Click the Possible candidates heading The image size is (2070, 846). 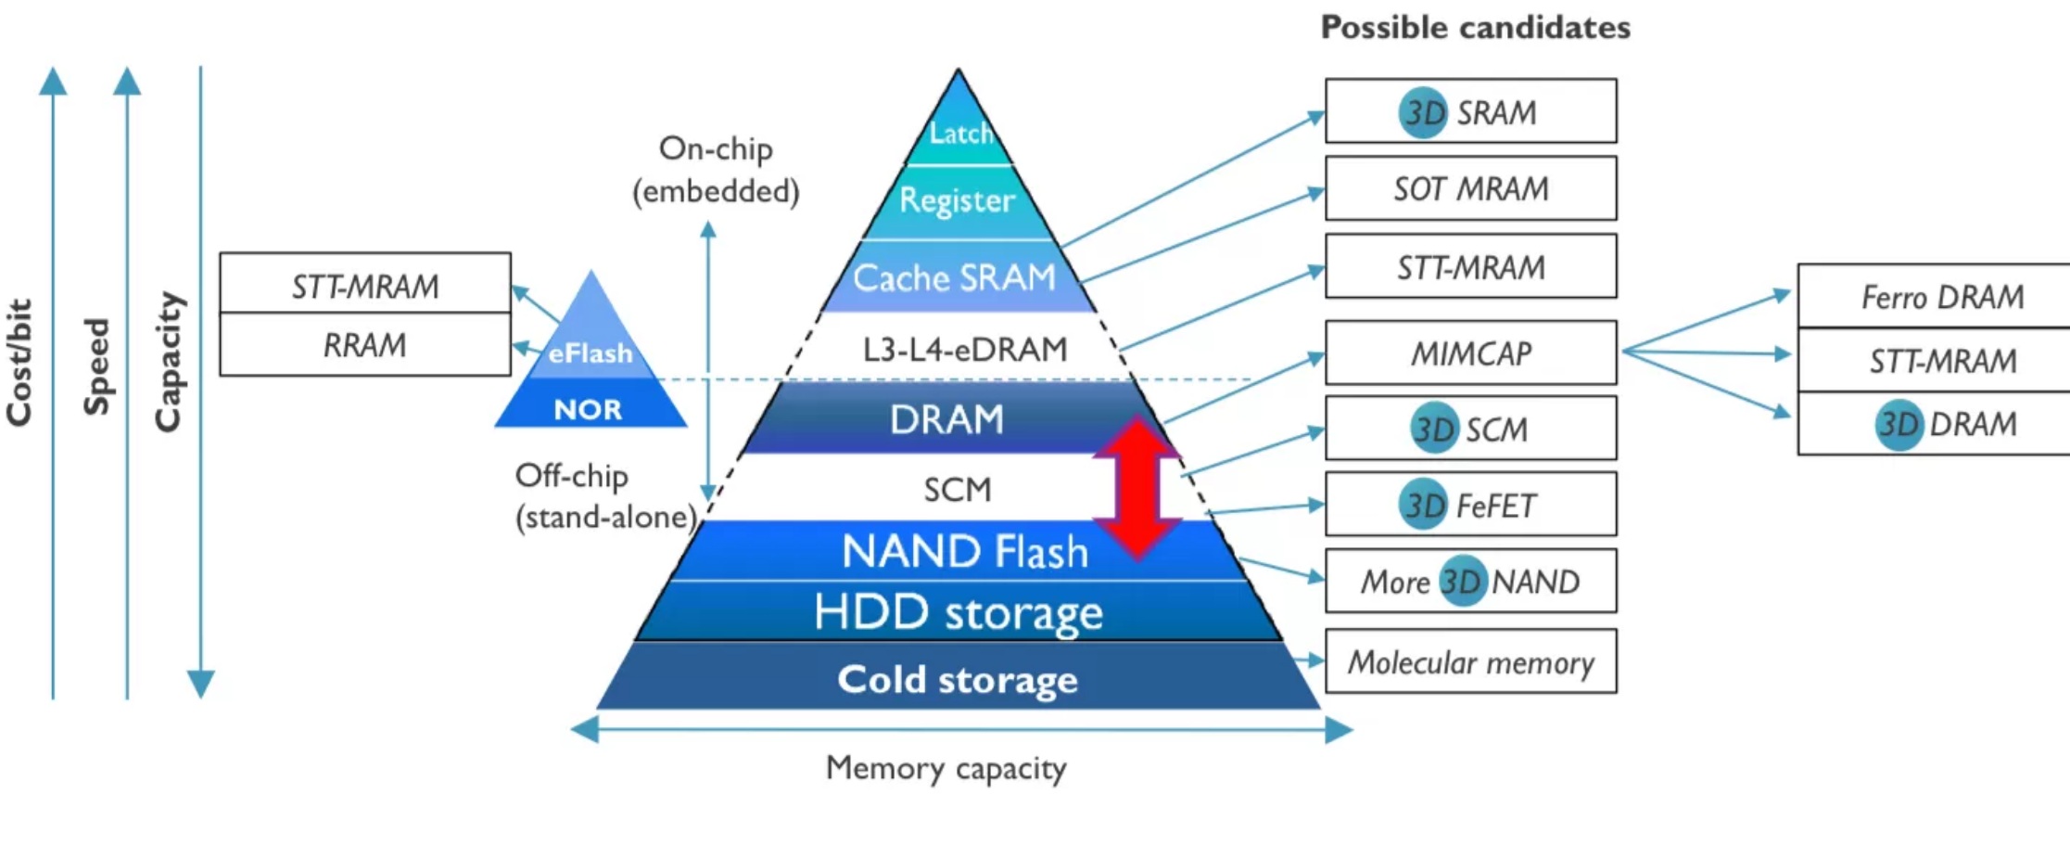(x=1475, y=28)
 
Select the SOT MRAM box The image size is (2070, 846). (x=1471, y=188)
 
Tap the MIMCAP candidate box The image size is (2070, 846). (x=1471, y=352)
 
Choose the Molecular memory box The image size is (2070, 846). (x=1471, y=661)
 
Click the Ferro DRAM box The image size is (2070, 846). (x=1934, y=296)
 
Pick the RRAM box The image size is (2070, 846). (x=365, y=344)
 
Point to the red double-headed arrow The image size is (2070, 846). (x=1137, y=489)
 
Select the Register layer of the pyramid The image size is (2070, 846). (x=959, y=201)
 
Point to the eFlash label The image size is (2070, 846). (x=590, y=353)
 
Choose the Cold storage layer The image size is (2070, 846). (x=958, y=677)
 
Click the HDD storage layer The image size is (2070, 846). (x=959, y=612)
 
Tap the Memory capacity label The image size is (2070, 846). (x=946, y=768)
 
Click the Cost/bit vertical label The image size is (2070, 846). (x=19, y=363)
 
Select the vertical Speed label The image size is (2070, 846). (x=96, y=366)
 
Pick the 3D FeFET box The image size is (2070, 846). (x=1471, y=504)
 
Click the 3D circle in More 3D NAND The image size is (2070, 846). (x=1463, y=581)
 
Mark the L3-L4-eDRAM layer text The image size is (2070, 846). (x=964, y=349)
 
